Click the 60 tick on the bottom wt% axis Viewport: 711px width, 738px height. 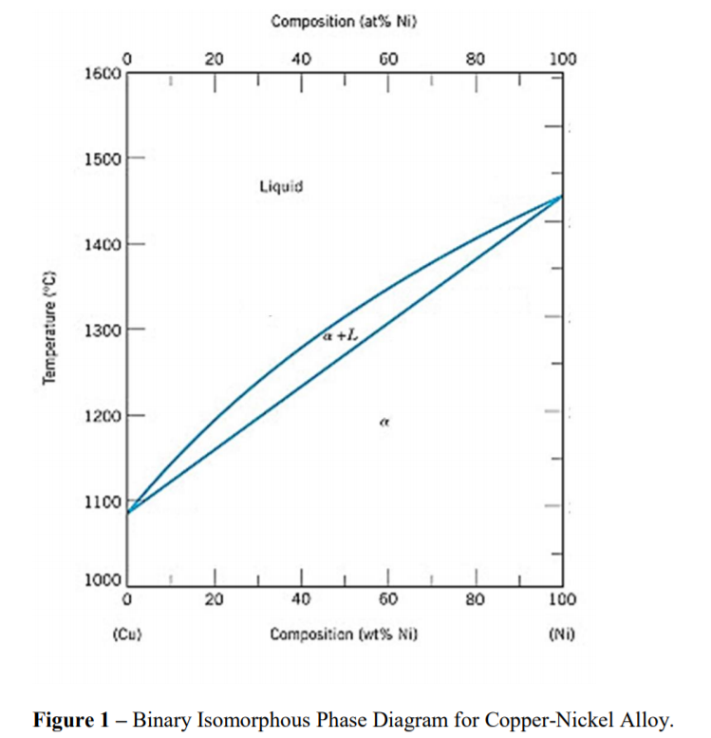[388, 599]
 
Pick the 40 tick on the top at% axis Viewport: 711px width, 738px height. [301, 59]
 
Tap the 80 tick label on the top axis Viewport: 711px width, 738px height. [477, 59]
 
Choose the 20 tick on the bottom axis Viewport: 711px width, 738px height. [215, 599]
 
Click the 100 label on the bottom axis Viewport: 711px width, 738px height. [563, 599]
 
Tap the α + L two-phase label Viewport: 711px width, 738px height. [340, 334]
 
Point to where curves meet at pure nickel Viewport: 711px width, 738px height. [562, 197]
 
